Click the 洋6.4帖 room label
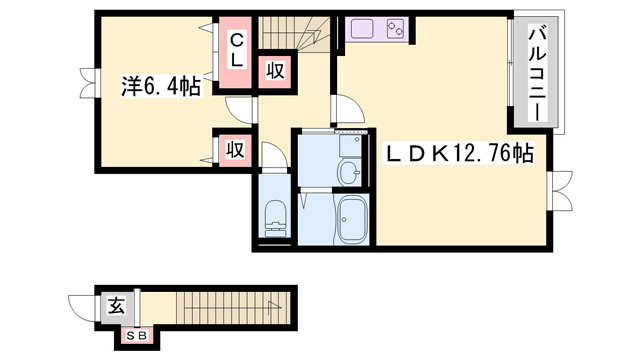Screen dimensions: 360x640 (160, 87)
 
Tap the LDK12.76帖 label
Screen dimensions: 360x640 (461, 154)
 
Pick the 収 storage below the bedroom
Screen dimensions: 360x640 (235, 149)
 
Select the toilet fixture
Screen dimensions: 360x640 (274, 214)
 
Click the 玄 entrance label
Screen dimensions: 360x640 (116, 306)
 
